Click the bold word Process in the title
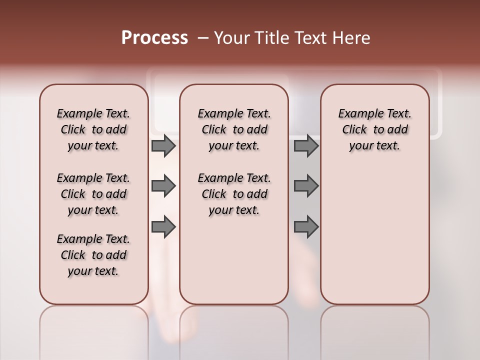[x=154, y=38]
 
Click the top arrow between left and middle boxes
[x=163, y=145]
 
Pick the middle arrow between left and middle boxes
[x=163, y=186]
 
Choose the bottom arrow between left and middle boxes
[x=163, y=227]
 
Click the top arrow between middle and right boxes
[x=306, y=145]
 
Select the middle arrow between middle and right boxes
[x=306, y=186]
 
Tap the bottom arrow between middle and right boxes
[x=306, y=227]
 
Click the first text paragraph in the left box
[x=93, y=129]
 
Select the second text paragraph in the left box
[x=93, y=194]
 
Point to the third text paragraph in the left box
[x=93, y=255]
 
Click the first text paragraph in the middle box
[x=234, y=129]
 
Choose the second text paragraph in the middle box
[x=234, y=194]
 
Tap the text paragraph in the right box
[x=375, y=129]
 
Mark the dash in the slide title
[x=202, y=38]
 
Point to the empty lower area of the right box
[x=375, y=235]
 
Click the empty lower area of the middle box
[x=234, y=260]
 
